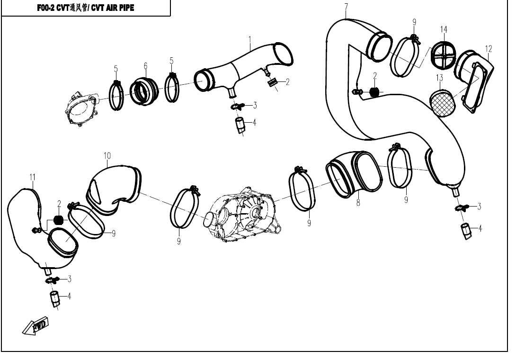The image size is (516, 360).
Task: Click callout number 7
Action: click(346, 7)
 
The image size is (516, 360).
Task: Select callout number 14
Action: click(444, 29)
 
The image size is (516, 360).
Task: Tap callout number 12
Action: click(489, 49)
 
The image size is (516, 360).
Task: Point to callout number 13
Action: click(440, 78)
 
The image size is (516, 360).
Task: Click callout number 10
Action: click(107, 155)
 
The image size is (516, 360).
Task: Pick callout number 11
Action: click(32, 177)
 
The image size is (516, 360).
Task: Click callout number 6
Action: click(145, 66)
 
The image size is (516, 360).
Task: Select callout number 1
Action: click(250, 40)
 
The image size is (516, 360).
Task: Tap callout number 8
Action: click(358, 203)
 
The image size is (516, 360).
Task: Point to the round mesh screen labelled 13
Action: click(443, 103)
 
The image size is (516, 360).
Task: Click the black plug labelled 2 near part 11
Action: click(58, 219)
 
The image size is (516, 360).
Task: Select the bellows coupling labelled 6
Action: click(144, 91)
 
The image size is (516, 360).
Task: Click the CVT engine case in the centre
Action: click(243, 215)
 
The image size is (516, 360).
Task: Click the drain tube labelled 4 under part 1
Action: click(240, 125)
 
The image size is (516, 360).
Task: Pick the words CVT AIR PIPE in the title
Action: click(113, 8)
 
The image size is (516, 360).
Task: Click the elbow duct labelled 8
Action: click(354, 175)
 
